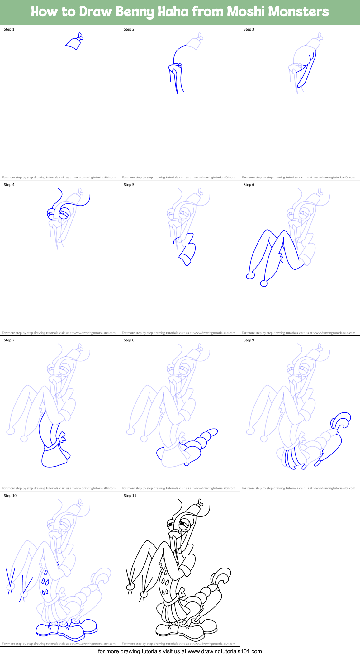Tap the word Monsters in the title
298,12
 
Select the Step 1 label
9,29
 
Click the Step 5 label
129,185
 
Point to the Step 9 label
249,340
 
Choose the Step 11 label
130,496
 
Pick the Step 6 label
249,185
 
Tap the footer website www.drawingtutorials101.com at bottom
225,651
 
